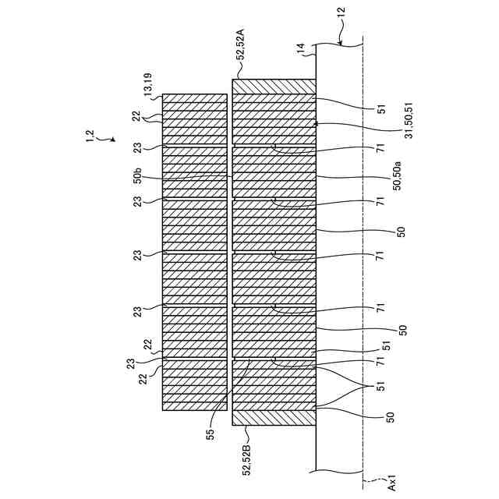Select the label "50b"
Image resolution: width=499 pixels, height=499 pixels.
[x=137, y=176]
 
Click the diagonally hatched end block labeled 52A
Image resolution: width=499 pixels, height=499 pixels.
[x=274, y=87]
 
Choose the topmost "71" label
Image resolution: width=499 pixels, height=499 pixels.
[x=380, y=148]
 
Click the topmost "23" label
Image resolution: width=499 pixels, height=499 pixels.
[x=136, y=146]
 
